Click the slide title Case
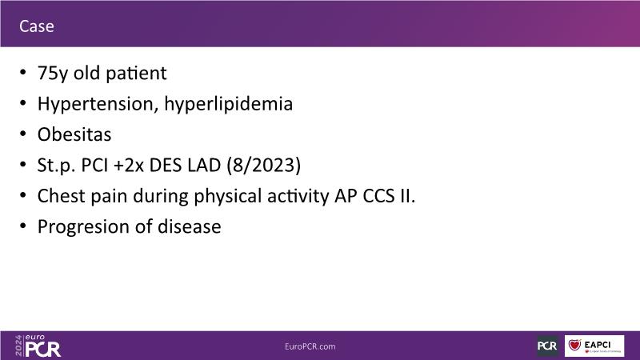36,26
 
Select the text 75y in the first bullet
53,74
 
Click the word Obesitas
74,134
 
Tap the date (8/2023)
264,166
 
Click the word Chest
62,196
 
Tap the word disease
190,226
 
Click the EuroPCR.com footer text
310,346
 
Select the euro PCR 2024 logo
38,346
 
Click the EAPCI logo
594,346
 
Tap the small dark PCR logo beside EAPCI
547,346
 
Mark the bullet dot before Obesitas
23,134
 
